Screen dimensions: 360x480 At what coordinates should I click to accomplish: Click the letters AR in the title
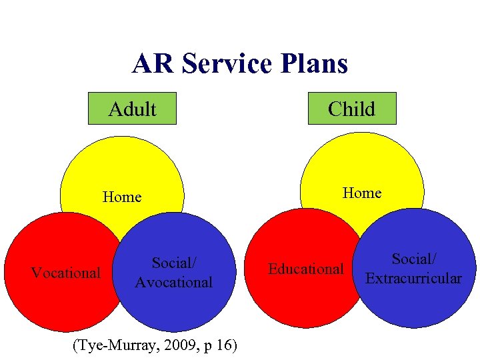tap(154, 64)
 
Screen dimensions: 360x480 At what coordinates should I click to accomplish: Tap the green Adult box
tap(132, 109)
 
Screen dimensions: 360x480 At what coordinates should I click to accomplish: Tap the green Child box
tap(351, 109)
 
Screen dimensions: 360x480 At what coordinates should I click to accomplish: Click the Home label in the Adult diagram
tap(122, 197)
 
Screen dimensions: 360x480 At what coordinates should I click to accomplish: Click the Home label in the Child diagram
tap(361, 193)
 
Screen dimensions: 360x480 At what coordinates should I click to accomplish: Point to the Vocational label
tap(66, 273)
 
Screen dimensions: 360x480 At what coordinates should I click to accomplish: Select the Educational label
tap(305, 269)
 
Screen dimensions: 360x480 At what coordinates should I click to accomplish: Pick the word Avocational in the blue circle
tap(173, 283)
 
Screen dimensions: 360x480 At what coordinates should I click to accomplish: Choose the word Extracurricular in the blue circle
tap(413, 279)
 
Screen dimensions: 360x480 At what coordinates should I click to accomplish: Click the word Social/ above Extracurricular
tap(413, 259)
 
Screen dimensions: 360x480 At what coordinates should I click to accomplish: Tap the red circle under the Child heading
tap(293, 300)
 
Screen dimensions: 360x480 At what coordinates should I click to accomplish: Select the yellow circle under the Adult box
tap(122, 167)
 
